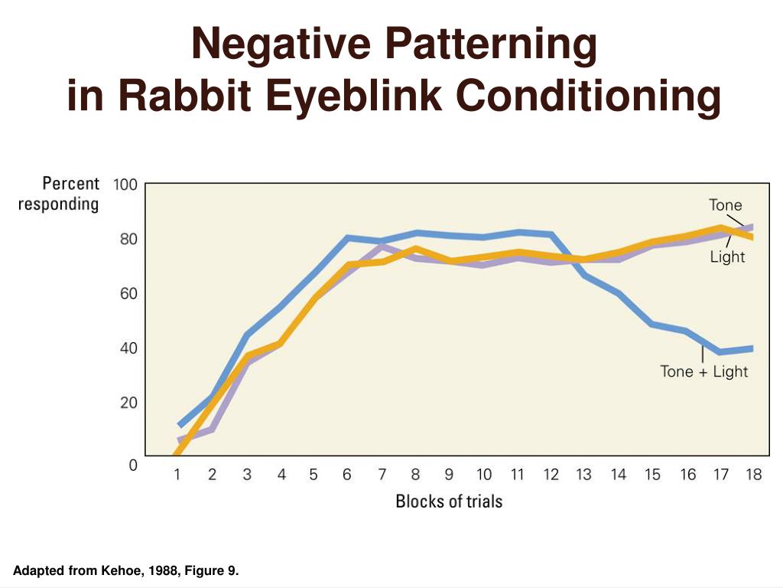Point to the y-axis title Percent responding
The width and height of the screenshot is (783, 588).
(x=59, y=194)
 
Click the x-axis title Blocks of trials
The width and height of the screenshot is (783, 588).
(x=449, y=501)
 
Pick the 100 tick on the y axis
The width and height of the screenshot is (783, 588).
(x=125, y=185)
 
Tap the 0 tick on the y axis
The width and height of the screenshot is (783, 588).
(x=133, y=464)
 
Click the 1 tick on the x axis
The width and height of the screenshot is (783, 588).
(x=177, y=475)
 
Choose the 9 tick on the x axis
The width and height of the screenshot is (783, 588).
(x=450, y=475)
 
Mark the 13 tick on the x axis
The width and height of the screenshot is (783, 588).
(x=583, y=475)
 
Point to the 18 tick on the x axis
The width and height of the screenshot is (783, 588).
(x=754, y=475)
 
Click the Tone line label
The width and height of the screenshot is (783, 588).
(x=725, y=204)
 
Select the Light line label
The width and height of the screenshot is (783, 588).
(x=726, y=257)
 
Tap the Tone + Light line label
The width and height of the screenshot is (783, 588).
(x=703, y=372)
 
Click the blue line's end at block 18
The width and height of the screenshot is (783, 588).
(x=752, y=348)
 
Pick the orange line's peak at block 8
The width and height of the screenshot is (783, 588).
(x=415, y=249)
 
